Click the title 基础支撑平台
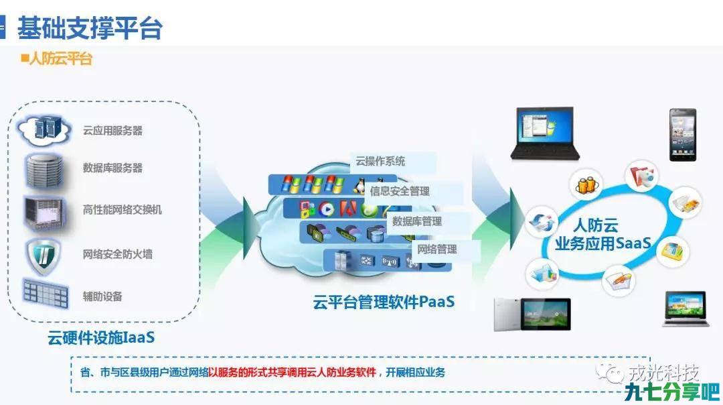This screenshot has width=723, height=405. click(90, 27)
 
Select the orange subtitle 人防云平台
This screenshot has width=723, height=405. click(61, 58)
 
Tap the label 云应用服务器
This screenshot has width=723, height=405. click(112, 131)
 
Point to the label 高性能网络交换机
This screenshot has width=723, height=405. click(123, 210)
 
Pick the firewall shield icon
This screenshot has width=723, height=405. click(44, 255)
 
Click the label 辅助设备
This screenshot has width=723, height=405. click(102, 296)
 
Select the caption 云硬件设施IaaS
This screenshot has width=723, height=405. click(101, 337)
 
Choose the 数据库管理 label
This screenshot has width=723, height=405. click(429, 221)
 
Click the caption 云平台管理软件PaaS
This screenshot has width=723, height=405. click(384, 302)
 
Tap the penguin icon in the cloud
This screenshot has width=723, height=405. click(359, 186)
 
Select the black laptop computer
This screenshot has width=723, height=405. click(545, 133)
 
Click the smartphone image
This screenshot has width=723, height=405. click(683, 135)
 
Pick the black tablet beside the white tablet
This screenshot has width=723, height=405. click(546, 314)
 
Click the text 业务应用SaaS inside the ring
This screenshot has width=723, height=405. click(602, 243)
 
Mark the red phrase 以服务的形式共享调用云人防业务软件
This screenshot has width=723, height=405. click(293, 372)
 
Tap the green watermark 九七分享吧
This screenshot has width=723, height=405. click(672, 392)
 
